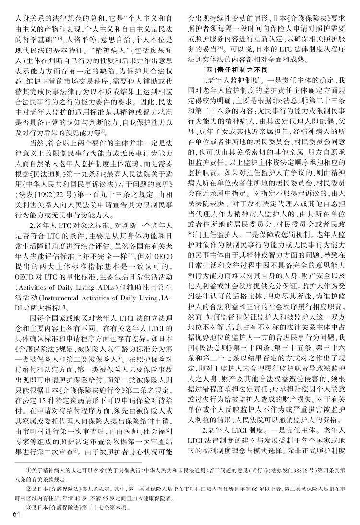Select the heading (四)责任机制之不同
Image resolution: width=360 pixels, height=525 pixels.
(231, 70)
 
